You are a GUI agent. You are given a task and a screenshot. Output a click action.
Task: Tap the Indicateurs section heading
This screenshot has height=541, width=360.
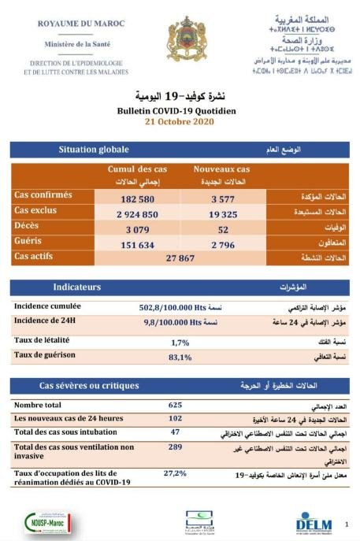[77, 287]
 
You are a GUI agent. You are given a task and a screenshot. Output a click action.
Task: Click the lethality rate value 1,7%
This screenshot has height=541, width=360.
[181, 343]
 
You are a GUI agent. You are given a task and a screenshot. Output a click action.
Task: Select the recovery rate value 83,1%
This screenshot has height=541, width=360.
[181, 358]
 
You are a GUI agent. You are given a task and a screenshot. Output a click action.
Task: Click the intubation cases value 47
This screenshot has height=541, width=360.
[175, 432]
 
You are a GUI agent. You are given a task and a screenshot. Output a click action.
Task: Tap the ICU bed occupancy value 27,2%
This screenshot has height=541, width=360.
[175, 473]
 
